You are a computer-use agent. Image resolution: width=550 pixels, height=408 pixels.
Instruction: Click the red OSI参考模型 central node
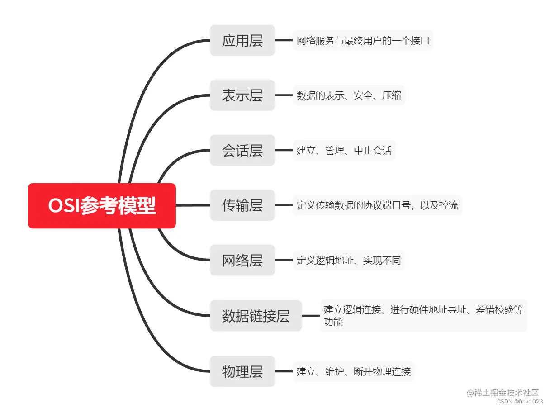102,206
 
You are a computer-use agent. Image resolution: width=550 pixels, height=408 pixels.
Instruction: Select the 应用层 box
242,41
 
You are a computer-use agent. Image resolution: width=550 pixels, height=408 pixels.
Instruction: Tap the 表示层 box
242,95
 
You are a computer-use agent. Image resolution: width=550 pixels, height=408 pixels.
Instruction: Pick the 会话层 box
242,150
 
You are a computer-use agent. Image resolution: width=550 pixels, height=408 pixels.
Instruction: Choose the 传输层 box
242,205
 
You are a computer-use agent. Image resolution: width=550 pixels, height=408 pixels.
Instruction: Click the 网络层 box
242,260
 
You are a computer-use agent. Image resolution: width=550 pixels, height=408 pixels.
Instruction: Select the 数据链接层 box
256,316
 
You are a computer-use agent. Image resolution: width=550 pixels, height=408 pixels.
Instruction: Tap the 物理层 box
242,372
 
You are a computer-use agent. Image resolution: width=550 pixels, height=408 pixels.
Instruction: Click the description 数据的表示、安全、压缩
349,95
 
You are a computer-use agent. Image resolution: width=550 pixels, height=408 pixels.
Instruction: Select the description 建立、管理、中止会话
344,151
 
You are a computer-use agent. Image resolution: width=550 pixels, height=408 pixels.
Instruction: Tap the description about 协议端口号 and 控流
377,205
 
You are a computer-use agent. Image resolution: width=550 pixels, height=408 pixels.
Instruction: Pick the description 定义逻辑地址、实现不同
349,261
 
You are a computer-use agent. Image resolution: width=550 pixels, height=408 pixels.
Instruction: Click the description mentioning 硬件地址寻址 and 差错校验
423,316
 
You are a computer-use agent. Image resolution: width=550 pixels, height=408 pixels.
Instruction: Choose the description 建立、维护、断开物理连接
354,372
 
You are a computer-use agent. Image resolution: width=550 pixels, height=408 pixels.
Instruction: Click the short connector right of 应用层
284,40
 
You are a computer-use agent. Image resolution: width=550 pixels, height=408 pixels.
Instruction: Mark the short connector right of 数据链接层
311,316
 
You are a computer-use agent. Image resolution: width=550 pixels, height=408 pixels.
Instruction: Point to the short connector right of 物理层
284,371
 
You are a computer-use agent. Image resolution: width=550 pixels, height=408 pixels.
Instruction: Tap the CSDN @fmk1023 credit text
519,402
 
